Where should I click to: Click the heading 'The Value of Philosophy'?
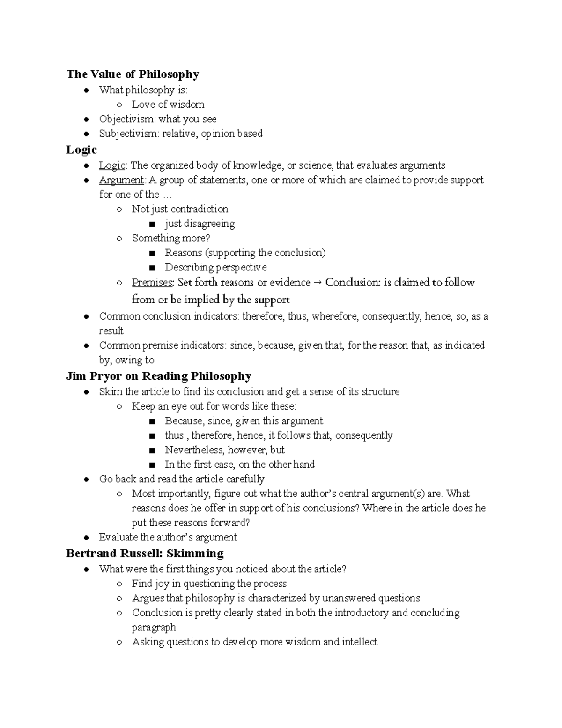133,74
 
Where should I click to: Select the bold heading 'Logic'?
81,150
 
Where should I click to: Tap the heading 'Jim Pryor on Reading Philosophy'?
159,376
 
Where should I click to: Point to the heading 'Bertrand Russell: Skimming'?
145,553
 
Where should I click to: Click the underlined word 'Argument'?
121,180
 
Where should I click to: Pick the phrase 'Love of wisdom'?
168,104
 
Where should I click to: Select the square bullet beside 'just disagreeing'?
151,224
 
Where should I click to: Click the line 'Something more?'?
171,238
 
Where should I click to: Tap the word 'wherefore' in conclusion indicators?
334,316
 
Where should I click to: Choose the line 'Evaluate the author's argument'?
168,537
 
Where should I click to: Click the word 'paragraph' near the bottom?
154,627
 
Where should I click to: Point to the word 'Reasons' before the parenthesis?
183,253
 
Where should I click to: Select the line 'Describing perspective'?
215,267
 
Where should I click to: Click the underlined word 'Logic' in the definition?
112,165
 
